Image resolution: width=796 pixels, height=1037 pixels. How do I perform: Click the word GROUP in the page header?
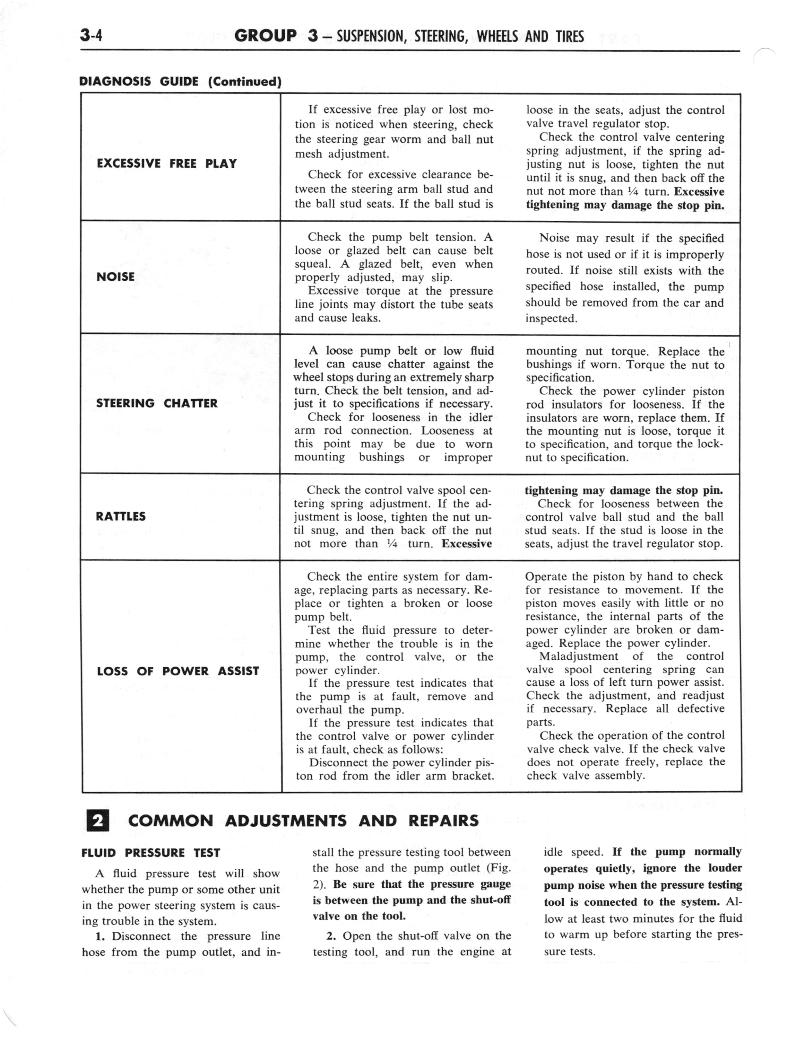265,36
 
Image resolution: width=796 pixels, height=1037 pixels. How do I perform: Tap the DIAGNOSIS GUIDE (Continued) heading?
180,82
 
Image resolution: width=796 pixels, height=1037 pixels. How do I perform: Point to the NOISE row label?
115,277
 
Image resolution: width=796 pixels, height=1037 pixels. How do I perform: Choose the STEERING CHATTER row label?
157,403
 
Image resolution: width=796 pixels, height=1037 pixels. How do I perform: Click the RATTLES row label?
120,517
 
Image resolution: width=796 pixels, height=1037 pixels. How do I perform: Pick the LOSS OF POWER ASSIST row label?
178,671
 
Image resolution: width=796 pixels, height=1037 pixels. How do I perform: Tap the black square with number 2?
98,821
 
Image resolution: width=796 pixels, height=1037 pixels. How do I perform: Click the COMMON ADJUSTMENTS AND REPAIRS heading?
303,821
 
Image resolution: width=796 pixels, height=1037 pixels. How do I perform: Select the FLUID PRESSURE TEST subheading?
151,853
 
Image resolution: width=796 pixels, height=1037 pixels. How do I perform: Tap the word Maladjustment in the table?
578,656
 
